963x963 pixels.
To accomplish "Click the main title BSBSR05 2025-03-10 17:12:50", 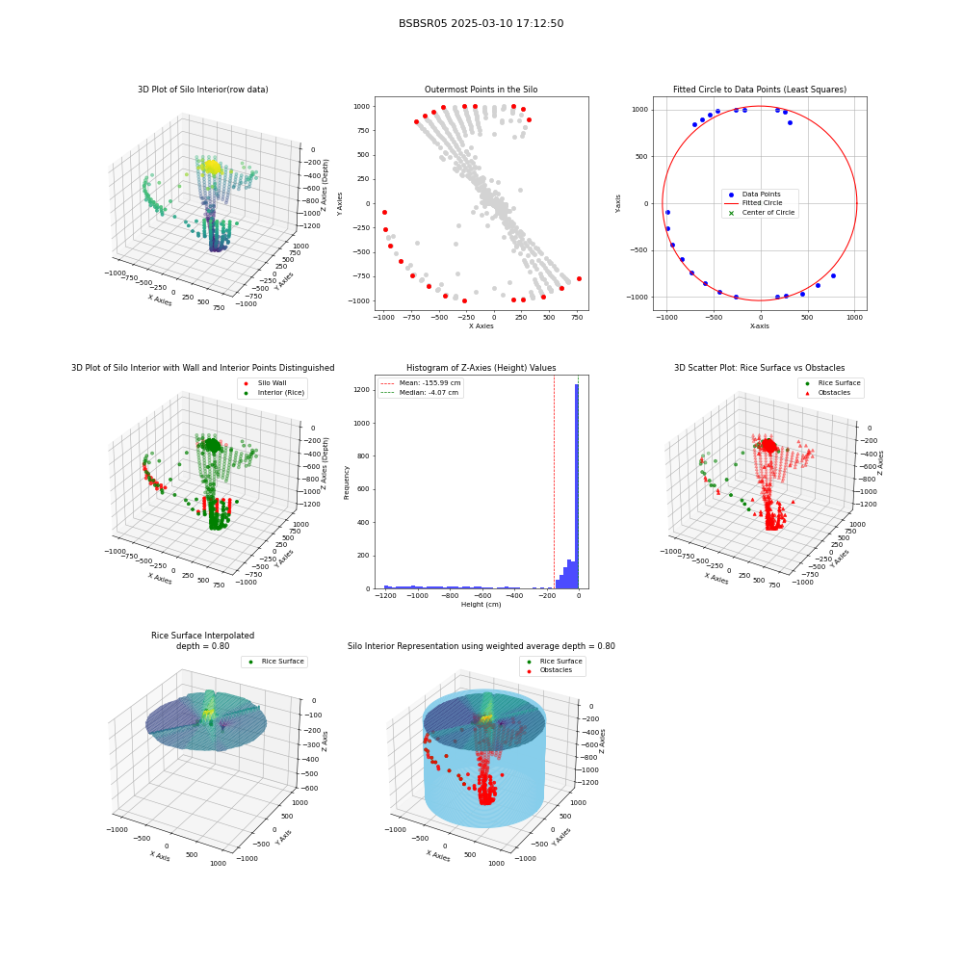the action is pyautogui.click(x=481, y=23).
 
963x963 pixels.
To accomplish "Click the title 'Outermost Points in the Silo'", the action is pyautogui.click(x=481, y=89).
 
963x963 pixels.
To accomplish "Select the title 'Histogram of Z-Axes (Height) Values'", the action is pyautogui.click(x=481, y=367).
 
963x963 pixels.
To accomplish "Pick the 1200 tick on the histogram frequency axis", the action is pyautogui.click(x=362, y=390).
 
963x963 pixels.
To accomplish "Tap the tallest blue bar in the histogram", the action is pyautogui.click(x=577, y=486).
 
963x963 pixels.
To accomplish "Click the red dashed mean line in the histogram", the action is pyautogui.click(x=554, y=482).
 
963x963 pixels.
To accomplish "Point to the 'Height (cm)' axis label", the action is pyautogui.click(x=481, y=605).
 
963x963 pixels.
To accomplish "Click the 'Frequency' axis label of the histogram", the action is pyautogui.click(x=347, y=482).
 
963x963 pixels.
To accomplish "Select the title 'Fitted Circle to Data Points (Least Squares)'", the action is pyautogui.click(x=760, y=89).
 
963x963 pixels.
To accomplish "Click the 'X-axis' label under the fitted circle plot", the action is pyautogui.click(x=759, y=326).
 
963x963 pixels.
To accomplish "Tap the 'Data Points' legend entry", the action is pyautogui.click(x=761, y=195).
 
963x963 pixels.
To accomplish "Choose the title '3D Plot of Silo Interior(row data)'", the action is pyautogui.click(x=202, y=89).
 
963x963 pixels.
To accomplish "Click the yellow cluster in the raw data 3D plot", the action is pyautogui.click(x=211, y=167).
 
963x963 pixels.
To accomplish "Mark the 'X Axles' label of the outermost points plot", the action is pyautogui.click(x=481, y=326).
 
